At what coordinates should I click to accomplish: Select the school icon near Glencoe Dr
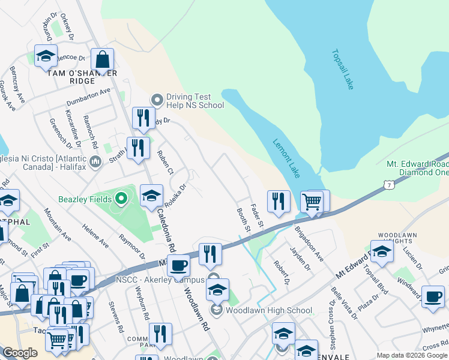pyautogui.click(x=46, y=56)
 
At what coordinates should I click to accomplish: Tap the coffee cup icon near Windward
pyautogui.click(x=432, y=296)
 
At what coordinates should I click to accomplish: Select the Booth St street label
pyautogui.click(x=243, y=220)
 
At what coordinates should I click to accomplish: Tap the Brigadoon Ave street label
pyautogui.click(x=309, y=244)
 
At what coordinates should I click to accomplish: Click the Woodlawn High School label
pyautogui.click(x=268, y=310)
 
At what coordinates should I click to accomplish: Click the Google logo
pyautogui.click(x=20, y=353)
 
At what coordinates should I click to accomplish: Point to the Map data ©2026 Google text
pyautogui.click(x=411, y=355)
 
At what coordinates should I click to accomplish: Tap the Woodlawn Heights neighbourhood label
pyautogui.click(x=396, y=238)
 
